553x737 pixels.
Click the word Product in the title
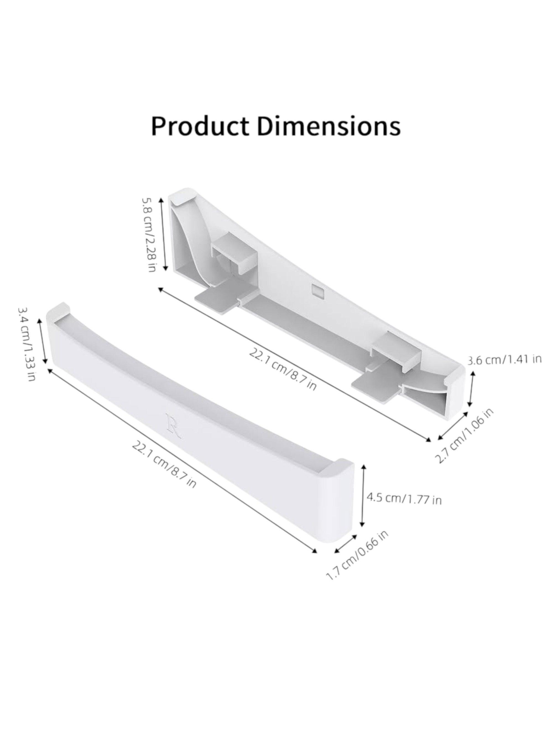[x=199, y=126]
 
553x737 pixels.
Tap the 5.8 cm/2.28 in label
[x=149, y=234]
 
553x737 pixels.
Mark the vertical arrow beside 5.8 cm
[x=163, y=234]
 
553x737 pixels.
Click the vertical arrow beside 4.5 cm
[x=364, y=500]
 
